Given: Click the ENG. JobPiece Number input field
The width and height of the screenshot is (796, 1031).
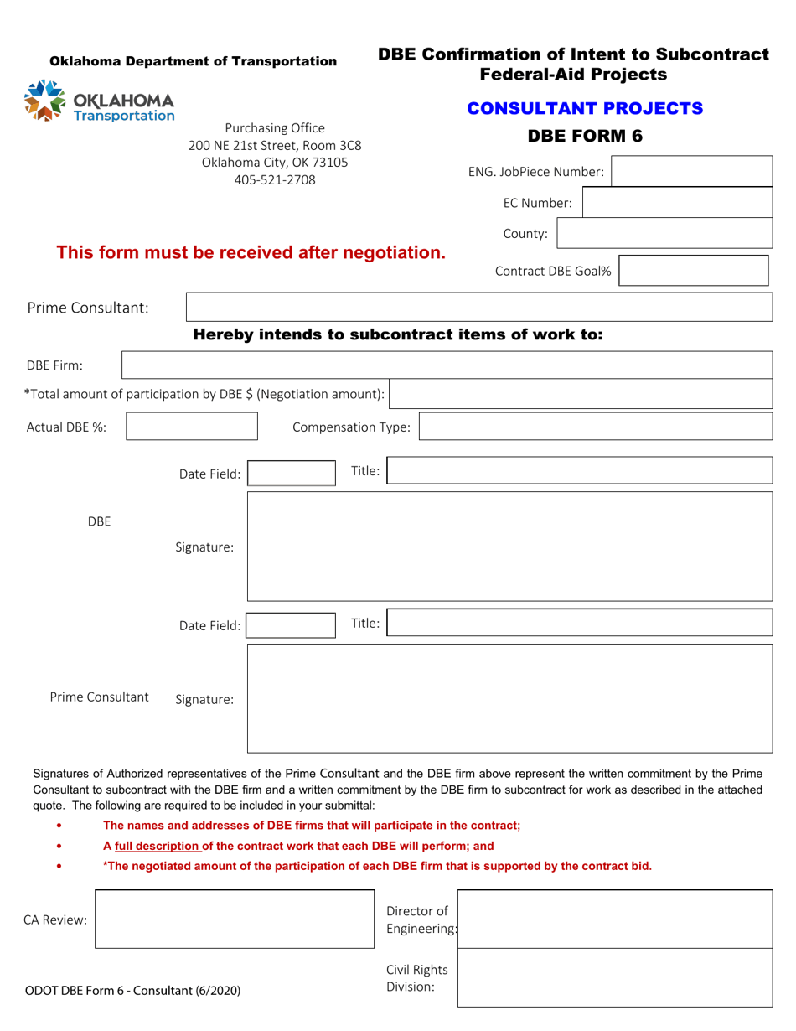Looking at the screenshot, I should coord(692,171).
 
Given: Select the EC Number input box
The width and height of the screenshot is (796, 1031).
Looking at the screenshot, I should coord(677,203).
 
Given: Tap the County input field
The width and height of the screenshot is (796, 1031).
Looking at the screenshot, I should coord(664,234).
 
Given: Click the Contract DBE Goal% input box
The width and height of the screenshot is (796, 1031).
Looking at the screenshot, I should coord(694,271).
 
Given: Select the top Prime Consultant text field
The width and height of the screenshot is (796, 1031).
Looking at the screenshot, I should coord(478,308).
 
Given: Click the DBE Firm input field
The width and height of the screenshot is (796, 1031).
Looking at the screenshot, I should coord(447,365).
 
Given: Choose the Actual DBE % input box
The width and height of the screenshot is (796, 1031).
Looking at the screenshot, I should coord(192,426).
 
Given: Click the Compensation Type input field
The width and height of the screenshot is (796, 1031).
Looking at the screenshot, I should coord(595,427).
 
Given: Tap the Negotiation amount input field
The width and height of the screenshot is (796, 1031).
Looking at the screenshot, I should coord(581,394).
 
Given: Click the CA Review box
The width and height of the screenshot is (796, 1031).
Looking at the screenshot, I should coord(235,920).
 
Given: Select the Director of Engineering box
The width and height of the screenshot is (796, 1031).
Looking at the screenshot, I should coord(614,920).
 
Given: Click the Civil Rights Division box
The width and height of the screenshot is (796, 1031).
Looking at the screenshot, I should coord(614,977).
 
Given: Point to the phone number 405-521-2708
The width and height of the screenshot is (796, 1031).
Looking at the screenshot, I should coord(275,179).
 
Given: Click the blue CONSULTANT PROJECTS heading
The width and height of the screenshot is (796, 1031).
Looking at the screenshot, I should coord(585,108).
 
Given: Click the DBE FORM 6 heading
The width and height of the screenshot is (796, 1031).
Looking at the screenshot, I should coord(585,136).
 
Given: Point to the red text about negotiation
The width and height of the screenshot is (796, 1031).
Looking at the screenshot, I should coord(251,252).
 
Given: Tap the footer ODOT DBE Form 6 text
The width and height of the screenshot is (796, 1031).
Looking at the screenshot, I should coord(133,991).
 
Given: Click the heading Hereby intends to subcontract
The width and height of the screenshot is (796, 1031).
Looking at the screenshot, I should coord(398,335).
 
